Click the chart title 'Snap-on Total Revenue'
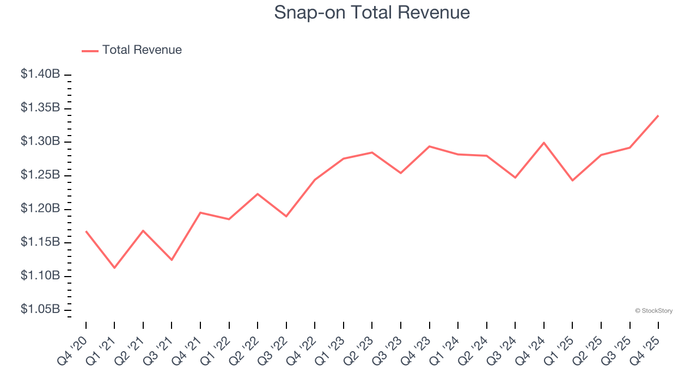[372, 13]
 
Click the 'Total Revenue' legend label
[142, 50]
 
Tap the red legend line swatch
[90, 51]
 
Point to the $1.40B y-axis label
[40, 74]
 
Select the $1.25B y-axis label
[40, 175]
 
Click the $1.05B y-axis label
[40, 309]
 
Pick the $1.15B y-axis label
[40, 242]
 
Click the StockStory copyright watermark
[653, 311]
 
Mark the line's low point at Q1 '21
[114, 268]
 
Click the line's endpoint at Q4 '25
[658, 115]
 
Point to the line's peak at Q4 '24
[544, 143]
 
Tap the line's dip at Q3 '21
[172, 260]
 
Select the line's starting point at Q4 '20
[86, 231]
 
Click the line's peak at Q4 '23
[430, 146]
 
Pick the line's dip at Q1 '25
[572, 180]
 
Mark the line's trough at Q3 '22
[286, 216]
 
